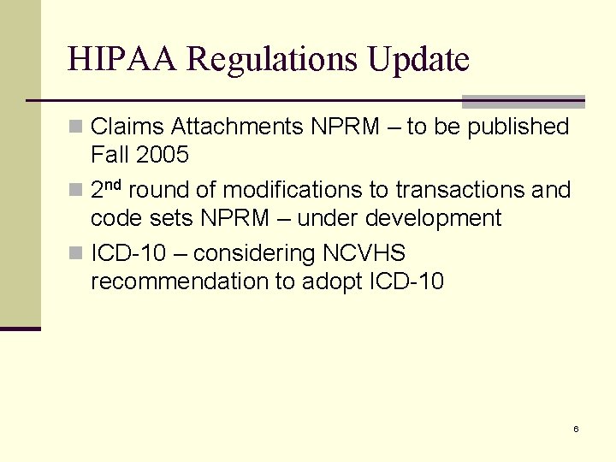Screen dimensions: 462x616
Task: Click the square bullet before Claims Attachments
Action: click(x=76, y=127)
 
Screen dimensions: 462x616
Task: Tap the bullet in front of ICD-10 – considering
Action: click(x=76, y=254)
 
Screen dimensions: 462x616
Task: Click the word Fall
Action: click(x=108, y=156)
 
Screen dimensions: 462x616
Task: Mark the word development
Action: click(x=433, y=219)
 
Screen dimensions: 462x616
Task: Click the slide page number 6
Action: click(x=576, y=429)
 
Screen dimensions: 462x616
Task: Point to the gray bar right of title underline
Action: click(x=523, y=101)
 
